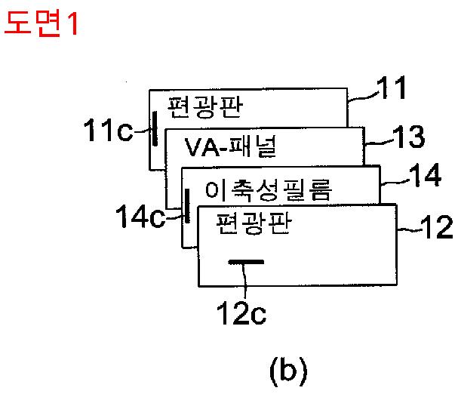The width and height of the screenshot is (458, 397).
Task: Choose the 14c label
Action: click(x=140, y=217)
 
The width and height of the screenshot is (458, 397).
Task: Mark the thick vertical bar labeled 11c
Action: click(x=155, y=128)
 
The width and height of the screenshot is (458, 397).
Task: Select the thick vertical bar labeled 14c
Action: click(x=187, y=204)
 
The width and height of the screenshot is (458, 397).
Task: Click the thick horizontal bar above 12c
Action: click(x=247, y=263)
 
